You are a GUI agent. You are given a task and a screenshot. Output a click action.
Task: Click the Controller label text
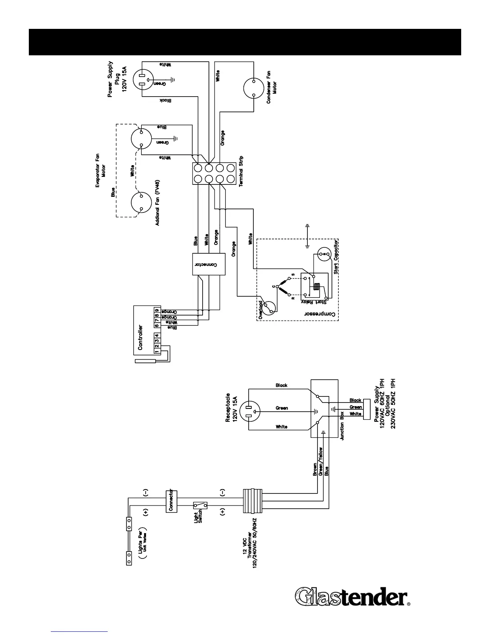tap(140, 338)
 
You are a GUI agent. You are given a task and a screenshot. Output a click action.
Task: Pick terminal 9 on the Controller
tap(157, 311)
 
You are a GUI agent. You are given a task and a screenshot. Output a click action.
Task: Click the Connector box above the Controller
tap(209, 264)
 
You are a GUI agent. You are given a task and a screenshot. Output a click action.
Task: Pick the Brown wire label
tap(315, 469)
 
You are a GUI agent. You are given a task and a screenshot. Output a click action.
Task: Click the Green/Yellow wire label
tap(321, 462)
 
